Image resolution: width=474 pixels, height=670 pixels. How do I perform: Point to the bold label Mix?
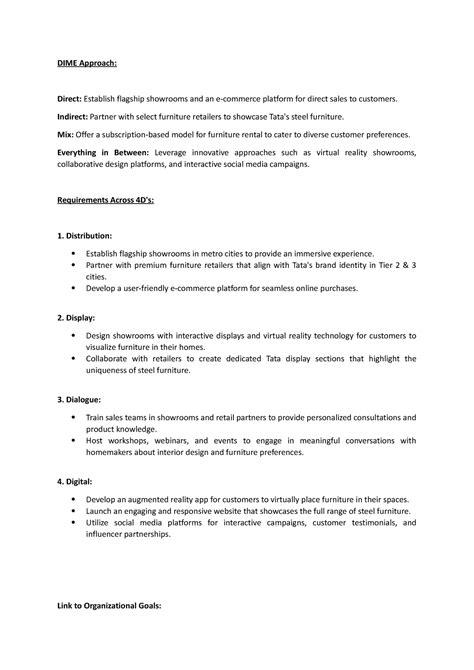[65, 133]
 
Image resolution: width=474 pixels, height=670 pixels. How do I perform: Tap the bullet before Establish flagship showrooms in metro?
[75, 255]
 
